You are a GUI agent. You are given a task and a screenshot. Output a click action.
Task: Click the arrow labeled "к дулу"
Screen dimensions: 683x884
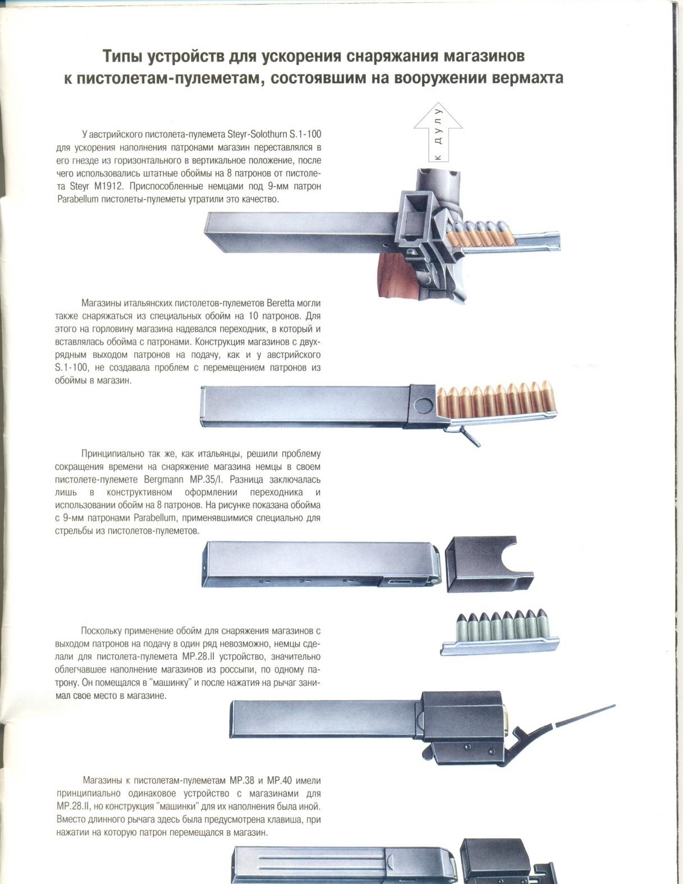pos(438,132)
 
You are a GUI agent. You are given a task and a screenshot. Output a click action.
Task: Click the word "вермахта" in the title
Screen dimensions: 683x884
pos(527,78)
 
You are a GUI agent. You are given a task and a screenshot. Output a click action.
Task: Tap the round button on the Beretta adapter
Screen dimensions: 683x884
pos(424,405)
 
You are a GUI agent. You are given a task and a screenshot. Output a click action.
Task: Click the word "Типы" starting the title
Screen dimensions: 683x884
pos(121,56)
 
